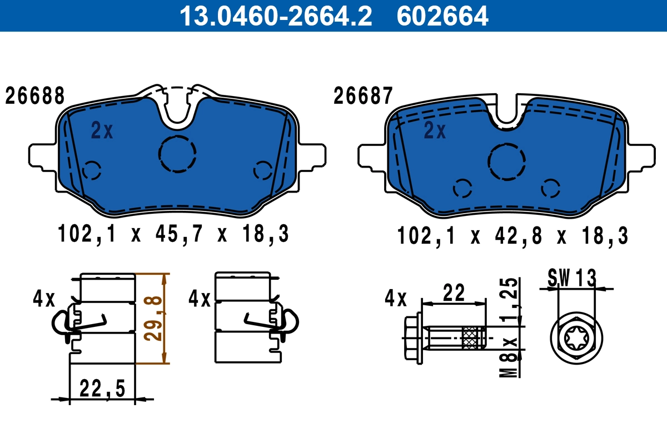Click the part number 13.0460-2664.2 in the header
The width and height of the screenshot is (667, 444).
tap(275, 16)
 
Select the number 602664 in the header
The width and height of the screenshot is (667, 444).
tap(442, 16)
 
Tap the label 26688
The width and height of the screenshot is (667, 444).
tap(34, 96)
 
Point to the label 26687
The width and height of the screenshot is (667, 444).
tap(363, 96)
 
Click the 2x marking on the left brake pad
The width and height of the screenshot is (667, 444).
tap(102, 131)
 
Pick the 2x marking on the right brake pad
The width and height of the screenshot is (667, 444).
tap(435, 131)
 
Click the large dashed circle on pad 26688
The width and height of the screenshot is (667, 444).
tap(177, 154)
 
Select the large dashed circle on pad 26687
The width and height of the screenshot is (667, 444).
tap(507, 160)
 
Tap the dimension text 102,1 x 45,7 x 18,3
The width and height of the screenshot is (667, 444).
tap(173, 235)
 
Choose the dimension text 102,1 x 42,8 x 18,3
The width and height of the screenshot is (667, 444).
tap(512, 236)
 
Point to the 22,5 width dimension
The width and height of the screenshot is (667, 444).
tap(102, 387)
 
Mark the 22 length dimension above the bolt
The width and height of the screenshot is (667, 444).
tap(454, 292)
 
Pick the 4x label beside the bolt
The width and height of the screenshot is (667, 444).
tap(396, 299)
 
